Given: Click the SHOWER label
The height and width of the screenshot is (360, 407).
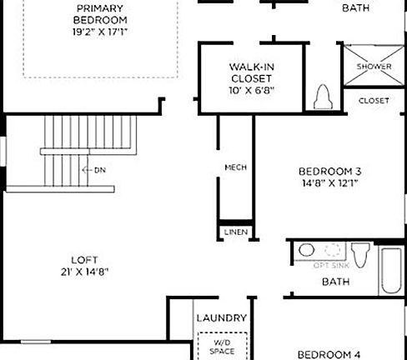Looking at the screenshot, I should [x=374, y=67].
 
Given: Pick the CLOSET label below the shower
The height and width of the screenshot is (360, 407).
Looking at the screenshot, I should [x=374, y=101].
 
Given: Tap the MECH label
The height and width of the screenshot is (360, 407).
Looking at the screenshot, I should [x=235, y=167].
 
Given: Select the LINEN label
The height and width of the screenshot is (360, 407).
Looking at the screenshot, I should [x=235, y=232].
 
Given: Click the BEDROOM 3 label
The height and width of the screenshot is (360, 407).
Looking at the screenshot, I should [x=329, y=172].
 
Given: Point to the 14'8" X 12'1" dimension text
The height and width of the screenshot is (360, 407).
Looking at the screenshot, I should [x=329, y=186].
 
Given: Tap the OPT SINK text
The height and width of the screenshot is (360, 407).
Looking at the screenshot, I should [x=330, y=265].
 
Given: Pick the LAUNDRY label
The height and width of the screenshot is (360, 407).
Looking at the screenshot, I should [x=220, y=318].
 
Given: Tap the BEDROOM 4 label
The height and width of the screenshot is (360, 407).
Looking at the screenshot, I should [x=329, y=352].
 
